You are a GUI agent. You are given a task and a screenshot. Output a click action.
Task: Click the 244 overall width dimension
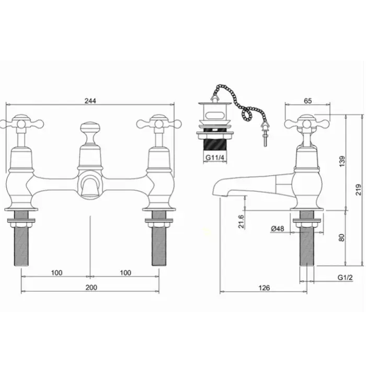point(90,101)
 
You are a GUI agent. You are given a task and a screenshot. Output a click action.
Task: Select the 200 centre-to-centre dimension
point(91,288)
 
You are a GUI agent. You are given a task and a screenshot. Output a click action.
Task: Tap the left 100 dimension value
point(56,272)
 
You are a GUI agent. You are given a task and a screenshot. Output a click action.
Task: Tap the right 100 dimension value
point(125,272)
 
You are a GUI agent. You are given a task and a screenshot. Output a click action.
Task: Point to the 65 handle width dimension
point(308,101)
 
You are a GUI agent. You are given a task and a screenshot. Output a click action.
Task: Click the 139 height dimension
point(342,161)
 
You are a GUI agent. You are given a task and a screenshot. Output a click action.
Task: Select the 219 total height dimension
point(359,189)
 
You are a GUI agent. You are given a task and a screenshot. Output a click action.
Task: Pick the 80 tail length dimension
point(341,237)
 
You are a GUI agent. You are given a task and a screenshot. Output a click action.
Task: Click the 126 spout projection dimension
point(264,288)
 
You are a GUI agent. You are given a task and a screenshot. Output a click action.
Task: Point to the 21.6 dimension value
point(241,222)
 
